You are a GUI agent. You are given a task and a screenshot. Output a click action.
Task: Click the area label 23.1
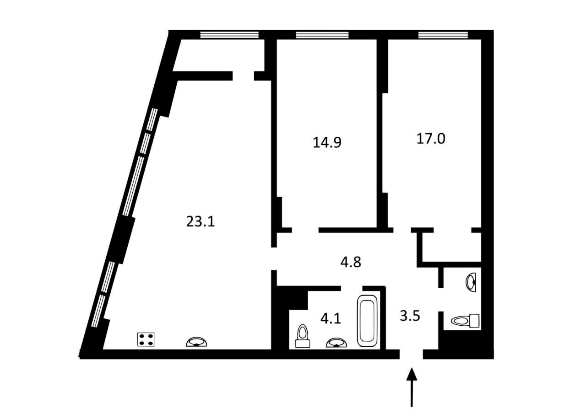(x=201, y=221)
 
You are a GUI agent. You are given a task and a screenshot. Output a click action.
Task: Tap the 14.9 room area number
(x=327, y=142)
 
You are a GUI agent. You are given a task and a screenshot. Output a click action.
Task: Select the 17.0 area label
(x=431, y=139)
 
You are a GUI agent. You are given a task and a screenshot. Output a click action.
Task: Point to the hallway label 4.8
(x=351, y=262)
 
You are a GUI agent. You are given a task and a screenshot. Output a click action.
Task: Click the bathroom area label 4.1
(x=331, y=318)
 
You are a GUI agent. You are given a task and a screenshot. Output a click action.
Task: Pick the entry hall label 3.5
(x=410, y=316)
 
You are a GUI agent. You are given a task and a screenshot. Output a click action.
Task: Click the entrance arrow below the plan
(x=412, y=387)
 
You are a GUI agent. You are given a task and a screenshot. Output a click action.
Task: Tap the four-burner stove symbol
(x=146, y=339)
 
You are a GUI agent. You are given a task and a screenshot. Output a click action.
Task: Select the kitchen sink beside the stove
(x=196, y=342)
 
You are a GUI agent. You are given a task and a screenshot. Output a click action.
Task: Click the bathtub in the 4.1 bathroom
(x=367, y=321)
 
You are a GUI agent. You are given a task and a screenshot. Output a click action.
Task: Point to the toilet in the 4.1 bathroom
(x=303, y=336)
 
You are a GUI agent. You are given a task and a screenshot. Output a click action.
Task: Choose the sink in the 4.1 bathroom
(x=336, y=342)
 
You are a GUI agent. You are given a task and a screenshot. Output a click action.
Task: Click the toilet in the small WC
(x=465, y=321)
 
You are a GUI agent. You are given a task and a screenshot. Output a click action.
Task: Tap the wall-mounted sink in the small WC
(x=471, y=282)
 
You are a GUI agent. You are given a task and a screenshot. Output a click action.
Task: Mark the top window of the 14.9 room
(x=322, y=35)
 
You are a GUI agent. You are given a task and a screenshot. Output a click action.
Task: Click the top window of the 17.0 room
(x=443, y=35)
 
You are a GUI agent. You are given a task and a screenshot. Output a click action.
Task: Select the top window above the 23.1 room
(x=229, y=35)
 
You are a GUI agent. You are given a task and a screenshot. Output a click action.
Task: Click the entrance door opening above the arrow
(x=411, y=354)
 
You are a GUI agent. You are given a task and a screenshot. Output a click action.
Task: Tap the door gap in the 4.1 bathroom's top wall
(x=352, y=288)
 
